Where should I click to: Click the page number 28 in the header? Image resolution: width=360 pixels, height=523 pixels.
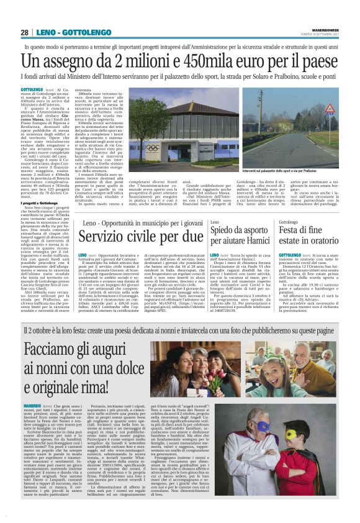point(24,32)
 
